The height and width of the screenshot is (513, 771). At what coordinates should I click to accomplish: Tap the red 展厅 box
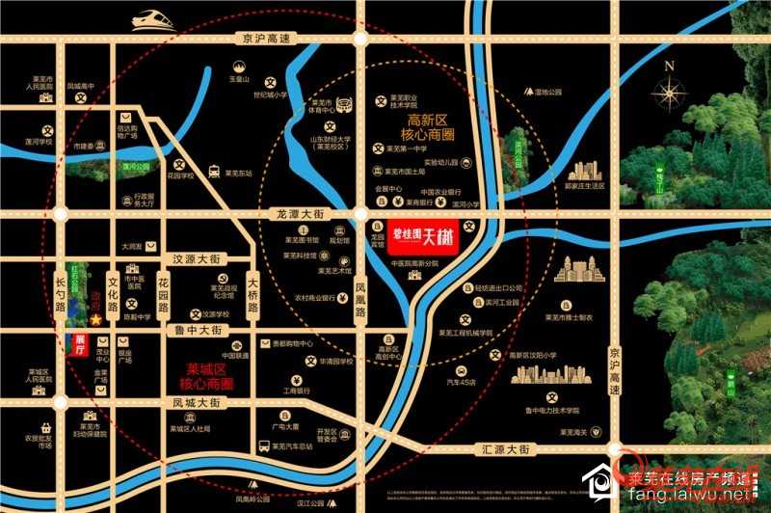pyautogui.click(x=81, y=341)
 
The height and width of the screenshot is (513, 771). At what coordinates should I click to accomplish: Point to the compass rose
pyautogui.click(x=667, y=93)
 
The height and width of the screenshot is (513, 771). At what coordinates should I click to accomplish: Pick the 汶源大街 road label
pyautogui.click(x=197, y=258)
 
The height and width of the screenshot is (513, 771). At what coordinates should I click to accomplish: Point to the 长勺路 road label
pyautogui.click(x=61, y=292)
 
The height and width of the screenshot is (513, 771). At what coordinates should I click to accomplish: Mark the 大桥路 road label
pyautogui.click(x=253, y=293)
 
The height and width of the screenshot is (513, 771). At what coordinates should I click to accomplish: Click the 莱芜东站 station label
pyautogui.click(x=238, y=175)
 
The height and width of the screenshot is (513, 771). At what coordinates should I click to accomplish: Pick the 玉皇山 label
pyautogui.click(x=239, y=80)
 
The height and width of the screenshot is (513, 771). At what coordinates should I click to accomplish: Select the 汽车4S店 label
pyautogui.click(x=460, y=382)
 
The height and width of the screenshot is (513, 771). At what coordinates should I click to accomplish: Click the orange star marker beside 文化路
pyautogui.click(x=96, y=318)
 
